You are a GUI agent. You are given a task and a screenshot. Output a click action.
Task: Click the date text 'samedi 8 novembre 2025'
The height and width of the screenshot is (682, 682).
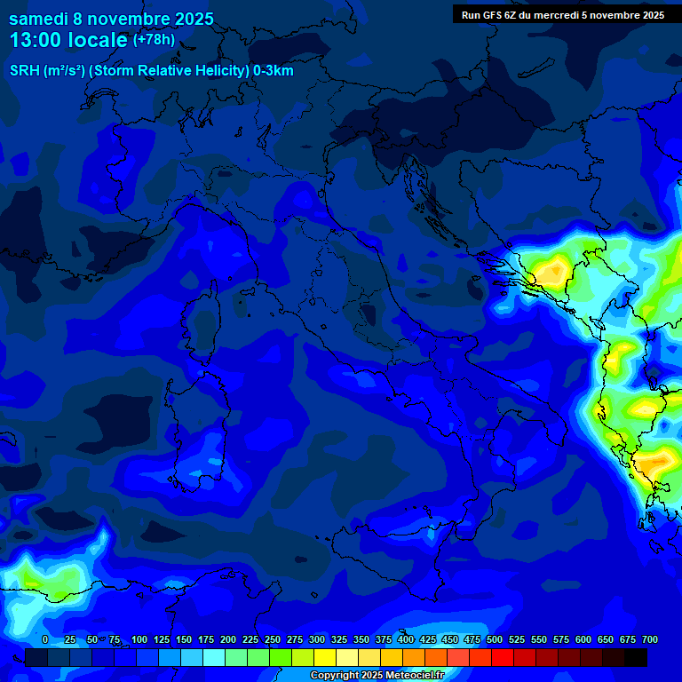point(111,19)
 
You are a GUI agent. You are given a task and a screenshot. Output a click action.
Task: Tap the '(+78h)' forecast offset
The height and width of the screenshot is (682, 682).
point(154,40)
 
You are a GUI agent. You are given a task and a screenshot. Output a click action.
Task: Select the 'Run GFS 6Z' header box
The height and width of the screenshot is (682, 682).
point(562,14)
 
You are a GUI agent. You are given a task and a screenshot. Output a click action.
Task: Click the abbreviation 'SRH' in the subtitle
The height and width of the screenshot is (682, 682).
point(26,71)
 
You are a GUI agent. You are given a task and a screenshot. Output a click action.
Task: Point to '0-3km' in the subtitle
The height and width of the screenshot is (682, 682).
point(274,71)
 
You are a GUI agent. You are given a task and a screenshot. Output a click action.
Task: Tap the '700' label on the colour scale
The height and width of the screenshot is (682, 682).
point(649,639)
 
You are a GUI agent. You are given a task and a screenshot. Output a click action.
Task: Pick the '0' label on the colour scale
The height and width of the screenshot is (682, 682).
point(44,639)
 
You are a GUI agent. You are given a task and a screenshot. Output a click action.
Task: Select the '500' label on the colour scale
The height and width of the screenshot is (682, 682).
point(495,639)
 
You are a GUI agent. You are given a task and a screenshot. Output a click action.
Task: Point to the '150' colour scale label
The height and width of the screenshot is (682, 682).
point(184,639)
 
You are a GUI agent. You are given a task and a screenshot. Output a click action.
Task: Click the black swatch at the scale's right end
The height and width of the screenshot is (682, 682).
point(636,657)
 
